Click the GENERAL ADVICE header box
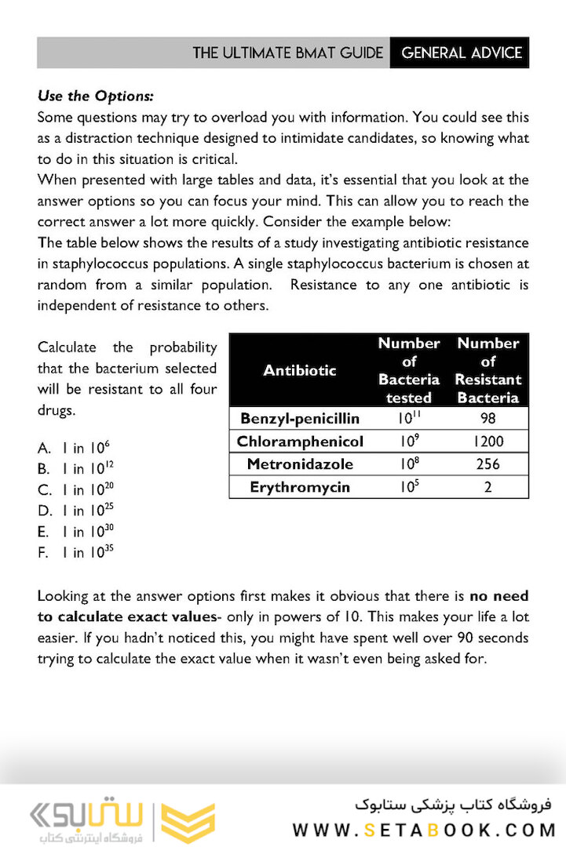tap(460, 53)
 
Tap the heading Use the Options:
tap(95, 97)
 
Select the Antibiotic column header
tap(299, 370)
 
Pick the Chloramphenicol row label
tap(300, 442)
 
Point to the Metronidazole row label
tap(300, 464)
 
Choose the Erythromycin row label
tap(300, 487)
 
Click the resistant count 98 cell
tap(487, 419)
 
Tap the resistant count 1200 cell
tap(487, 442)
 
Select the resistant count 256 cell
tap(487, 464)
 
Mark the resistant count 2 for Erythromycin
tap(487, 487)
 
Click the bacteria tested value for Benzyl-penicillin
tap(408, 419)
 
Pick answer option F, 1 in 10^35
tap(75, 552)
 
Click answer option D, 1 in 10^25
tap(75, 511)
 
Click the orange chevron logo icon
tap(188, 821)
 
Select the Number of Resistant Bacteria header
tap(487, 370)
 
